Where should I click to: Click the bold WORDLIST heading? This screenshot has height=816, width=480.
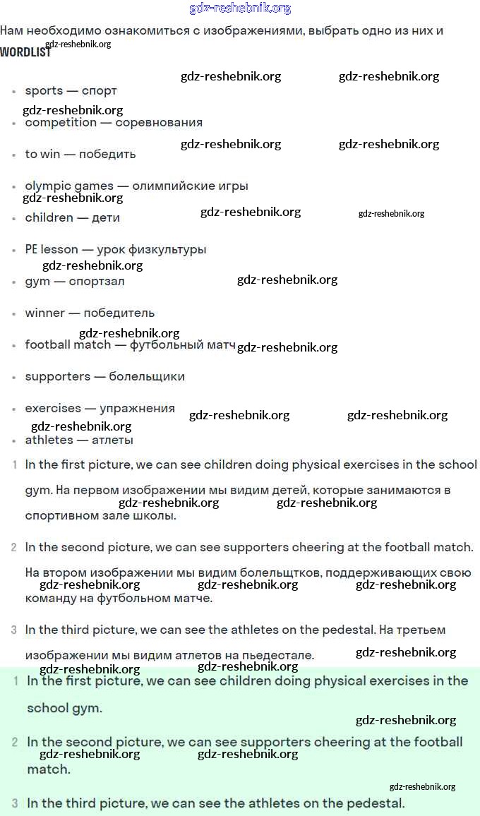click(25, 52)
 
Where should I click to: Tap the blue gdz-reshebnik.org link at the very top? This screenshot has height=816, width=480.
click(240, 8)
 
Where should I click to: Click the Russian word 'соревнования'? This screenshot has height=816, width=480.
click(159, 122)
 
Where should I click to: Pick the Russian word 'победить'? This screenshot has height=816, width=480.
click(107, 154)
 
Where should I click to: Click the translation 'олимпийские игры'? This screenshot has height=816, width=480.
click(190, 186)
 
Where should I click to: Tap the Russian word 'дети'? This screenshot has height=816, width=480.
click(106, 217)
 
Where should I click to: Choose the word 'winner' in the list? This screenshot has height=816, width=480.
click(45, 313)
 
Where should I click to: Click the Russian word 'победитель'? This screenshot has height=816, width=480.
click(119, 313)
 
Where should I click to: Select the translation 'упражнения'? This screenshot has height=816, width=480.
click(137, 408)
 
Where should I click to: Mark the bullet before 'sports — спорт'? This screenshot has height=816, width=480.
click(14, 92)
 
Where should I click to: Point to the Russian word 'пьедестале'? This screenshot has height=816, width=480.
click(277, 655)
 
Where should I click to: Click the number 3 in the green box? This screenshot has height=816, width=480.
click(15, 803)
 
